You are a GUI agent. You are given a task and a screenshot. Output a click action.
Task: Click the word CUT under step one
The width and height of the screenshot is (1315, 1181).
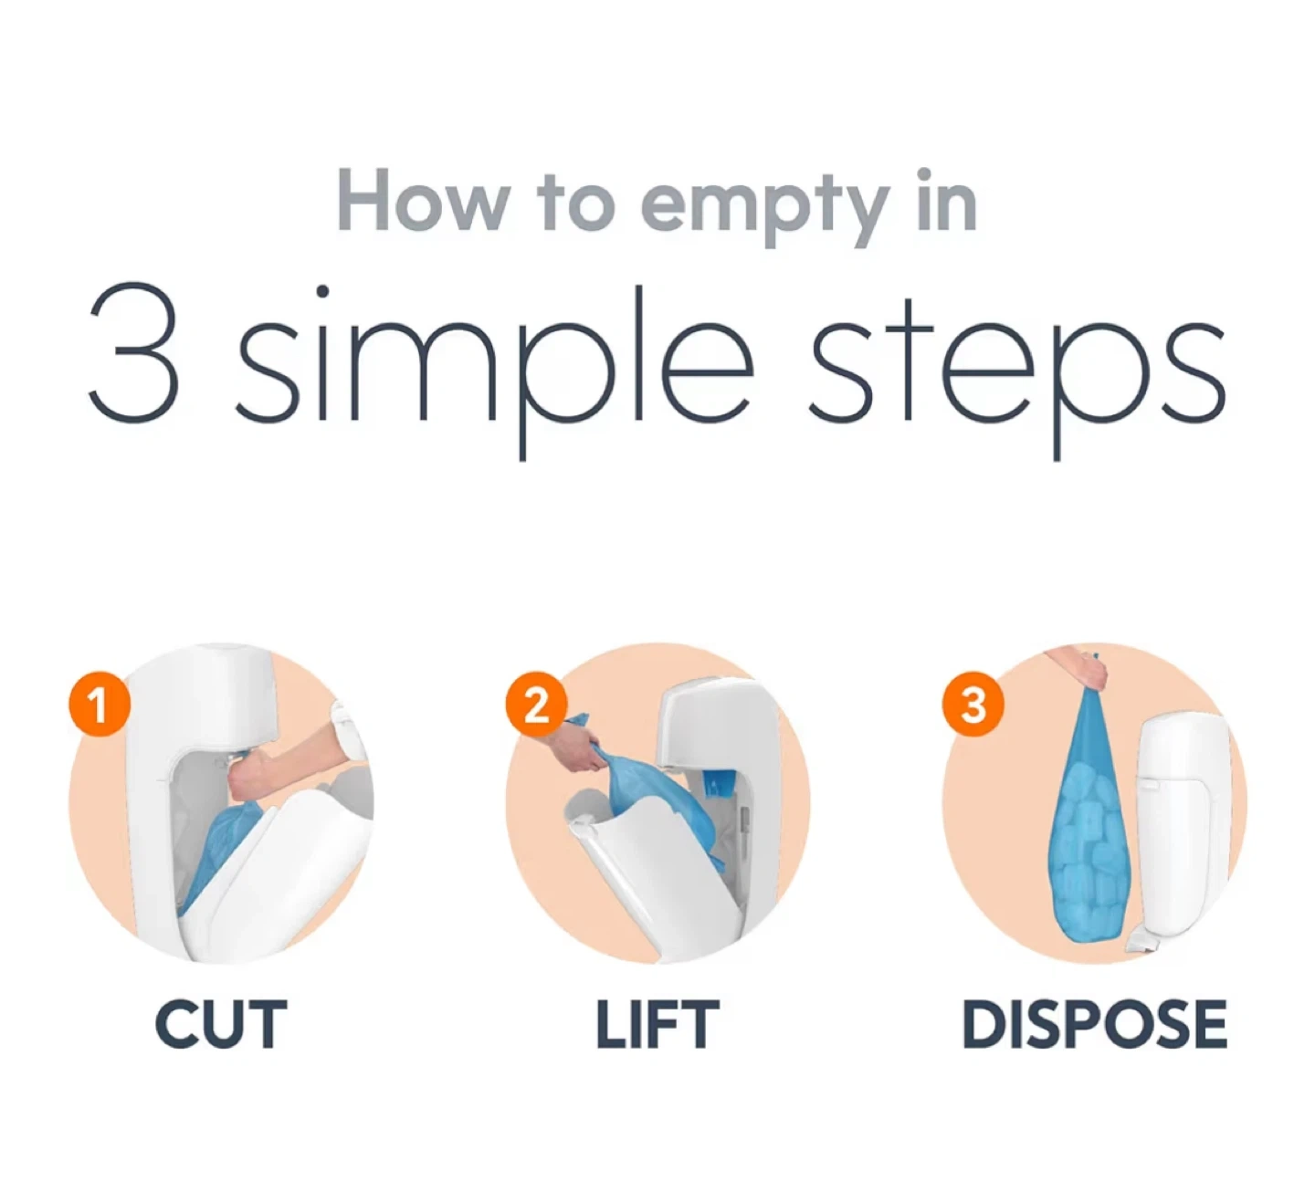[x=221, y=1025]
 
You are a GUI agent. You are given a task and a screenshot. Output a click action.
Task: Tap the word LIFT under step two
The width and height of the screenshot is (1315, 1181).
[x=657, y=1025]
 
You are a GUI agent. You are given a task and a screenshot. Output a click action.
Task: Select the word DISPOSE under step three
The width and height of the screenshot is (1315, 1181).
[x=1094, y=1025]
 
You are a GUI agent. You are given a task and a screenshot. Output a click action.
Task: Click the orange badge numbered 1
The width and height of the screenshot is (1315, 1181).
[x=100, y=705]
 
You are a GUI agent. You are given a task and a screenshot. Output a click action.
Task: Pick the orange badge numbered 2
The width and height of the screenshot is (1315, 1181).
[x=536, y=705]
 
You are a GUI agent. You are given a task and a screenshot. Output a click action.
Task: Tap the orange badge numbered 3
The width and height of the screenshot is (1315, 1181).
[x=973, y=705]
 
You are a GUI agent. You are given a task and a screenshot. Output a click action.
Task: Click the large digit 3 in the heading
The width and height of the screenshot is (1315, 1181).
[x=133, y=352]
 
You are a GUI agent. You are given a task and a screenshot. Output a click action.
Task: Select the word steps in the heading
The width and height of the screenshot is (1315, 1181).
[x=1017, y=370]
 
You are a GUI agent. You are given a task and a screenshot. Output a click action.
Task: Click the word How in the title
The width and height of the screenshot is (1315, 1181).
[x=422, y=200]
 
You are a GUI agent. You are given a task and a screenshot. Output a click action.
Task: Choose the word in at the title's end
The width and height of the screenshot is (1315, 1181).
[x=947, y=199]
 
